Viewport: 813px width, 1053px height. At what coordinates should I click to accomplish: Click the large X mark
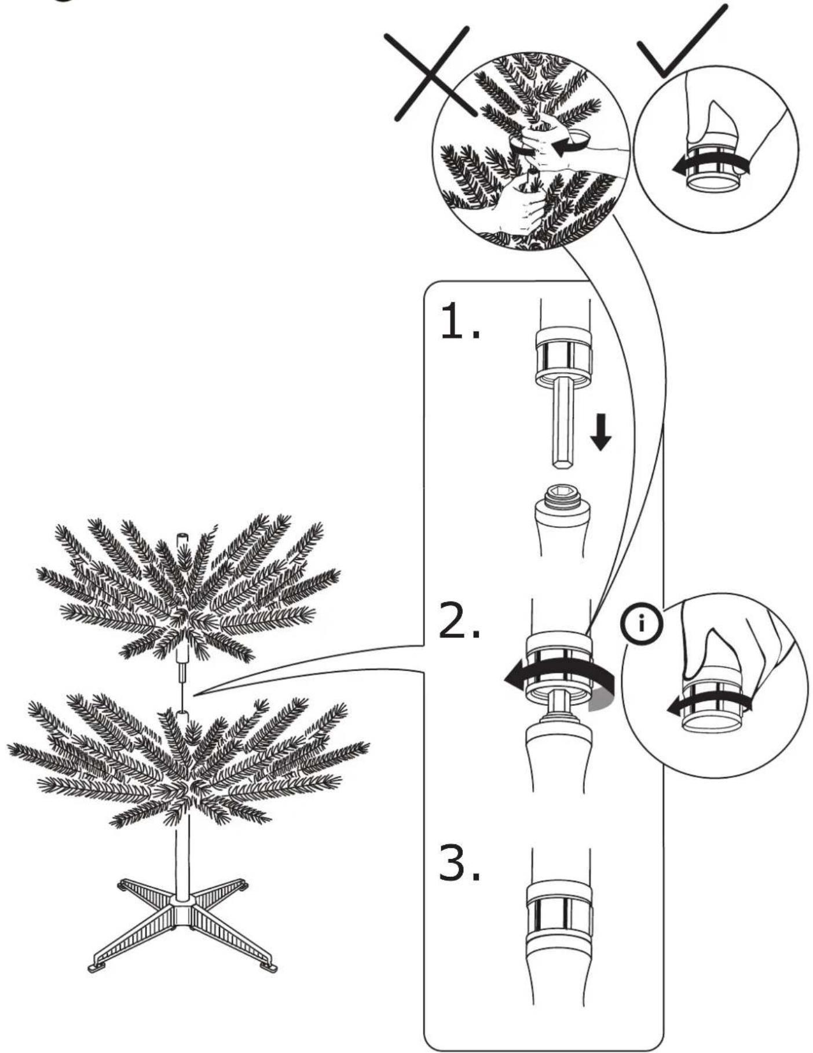[x=433, y=74]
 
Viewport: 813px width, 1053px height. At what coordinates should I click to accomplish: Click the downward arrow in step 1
[x=601, y=432]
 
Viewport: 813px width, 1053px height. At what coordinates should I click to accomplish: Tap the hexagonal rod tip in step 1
[x=562, y=462]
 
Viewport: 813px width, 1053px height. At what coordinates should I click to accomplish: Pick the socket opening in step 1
[x=561, y=493]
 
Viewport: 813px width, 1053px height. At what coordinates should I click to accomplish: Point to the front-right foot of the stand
[x=269, y=966]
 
